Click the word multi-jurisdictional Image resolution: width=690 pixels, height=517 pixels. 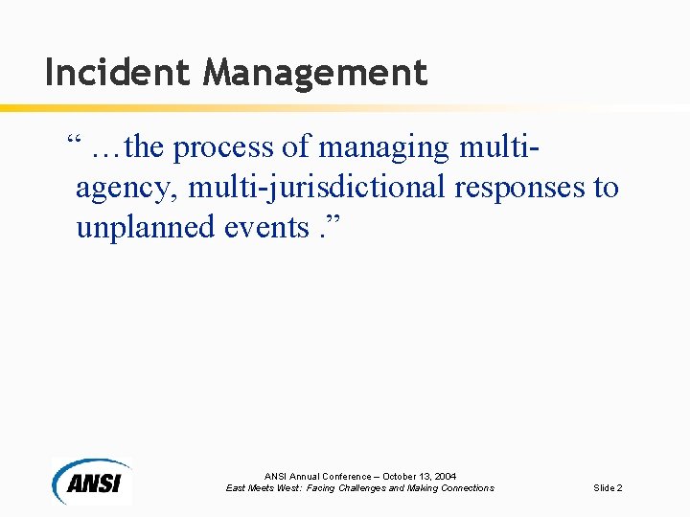coord(317,188)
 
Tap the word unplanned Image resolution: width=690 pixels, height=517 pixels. coord(143,227)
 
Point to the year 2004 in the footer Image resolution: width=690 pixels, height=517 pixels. coord(445,476)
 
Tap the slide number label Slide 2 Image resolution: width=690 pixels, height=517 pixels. coord(608,488)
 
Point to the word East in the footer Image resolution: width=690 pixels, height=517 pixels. coord(236,488)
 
